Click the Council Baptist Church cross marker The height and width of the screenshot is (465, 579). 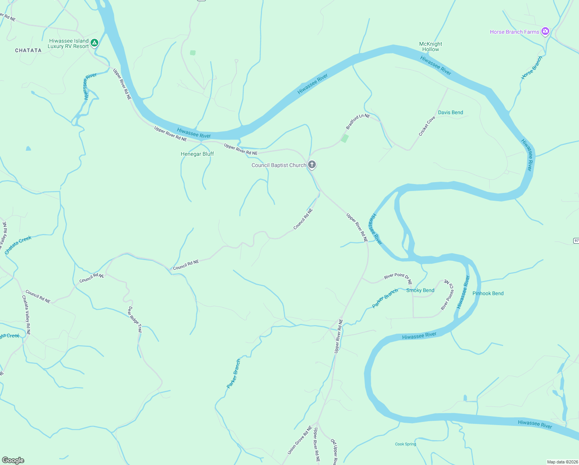tap(312, 165)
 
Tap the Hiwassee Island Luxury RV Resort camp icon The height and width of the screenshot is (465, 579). tap(94, 43)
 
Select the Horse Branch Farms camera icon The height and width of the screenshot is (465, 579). tap(545, 31)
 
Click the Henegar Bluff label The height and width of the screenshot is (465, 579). tap(197, 154)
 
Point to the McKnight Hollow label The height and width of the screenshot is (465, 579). tap(430, 46)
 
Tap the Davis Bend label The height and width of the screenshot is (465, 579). tap(451, 112)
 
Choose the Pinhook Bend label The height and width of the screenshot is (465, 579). tap(488, 293)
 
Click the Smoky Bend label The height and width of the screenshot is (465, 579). tap(420, 290)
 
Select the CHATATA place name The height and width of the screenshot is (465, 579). tap(28, 50)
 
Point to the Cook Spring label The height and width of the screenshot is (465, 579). tap(406, 444)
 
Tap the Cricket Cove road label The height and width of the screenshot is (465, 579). tap(427, 126)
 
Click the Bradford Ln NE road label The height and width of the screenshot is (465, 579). tap(358, 121)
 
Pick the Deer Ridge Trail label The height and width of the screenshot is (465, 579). tap(135, 320)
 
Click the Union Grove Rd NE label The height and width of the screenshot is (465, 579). tap(300, 440)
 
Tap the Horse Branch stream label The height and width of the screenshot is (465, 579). tap(532, 68)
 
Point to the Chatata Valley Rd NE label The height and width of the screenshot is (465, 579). tap(26, 315)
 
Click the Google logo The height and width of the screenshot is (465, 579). tap(13, 460)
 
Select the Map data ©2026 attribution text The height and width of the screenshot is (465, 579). tap(562, 462)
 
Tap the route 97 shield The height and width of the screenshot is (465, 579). tap(576, 241)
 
